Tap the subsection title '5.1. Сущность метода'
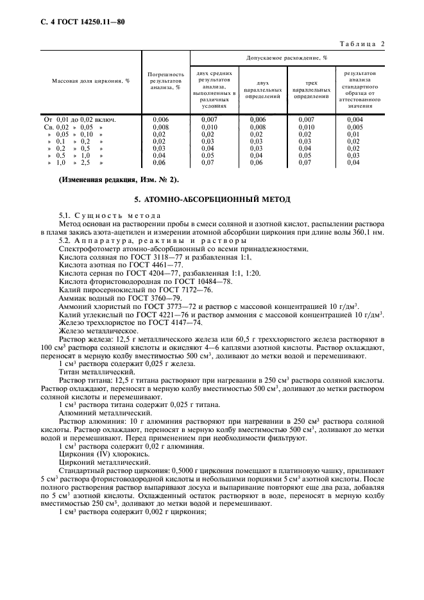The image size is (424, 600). [110, 215]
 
